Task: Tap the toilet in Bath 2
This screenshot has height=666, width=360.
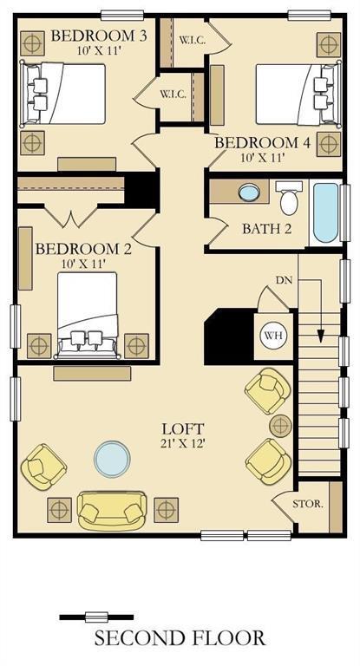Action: (289, 198)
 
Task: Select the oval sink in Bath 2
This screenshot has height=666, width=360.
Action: (249, 193)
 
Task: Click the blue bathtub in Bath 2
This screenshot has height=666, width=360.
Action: (326, 212)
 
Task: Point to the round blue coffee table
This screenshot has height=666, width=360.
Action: (112, 459)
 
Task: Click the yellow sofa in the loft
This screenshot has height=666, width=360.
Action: (112, 511)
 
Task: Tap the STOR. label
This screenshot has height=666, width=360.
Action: (308, 505)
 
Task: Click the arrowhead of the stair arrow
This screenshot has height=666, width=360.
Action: (321, 336)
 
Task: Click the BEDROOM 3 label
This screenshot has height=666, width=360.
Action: (99, 36)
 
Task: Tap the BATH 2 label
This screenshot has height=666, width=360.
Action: (267, 229)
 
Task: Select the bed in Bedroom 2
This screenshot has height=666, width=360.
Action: (88, 315)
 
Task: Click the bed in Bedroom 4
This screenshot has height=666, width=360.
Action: (298, 94)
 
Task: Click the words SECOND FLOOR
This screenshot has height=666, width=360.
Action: (180, 638)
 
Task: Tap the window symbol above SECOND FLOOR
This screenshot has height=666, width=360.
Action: (96, 617)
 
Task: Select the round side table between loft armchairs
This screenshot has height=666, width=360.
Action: (280, 426)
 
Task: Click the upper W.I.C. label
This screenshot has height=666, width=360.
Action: (192, 41)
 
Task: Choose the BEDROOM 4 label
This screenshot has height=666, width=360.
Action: (262, 143)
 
